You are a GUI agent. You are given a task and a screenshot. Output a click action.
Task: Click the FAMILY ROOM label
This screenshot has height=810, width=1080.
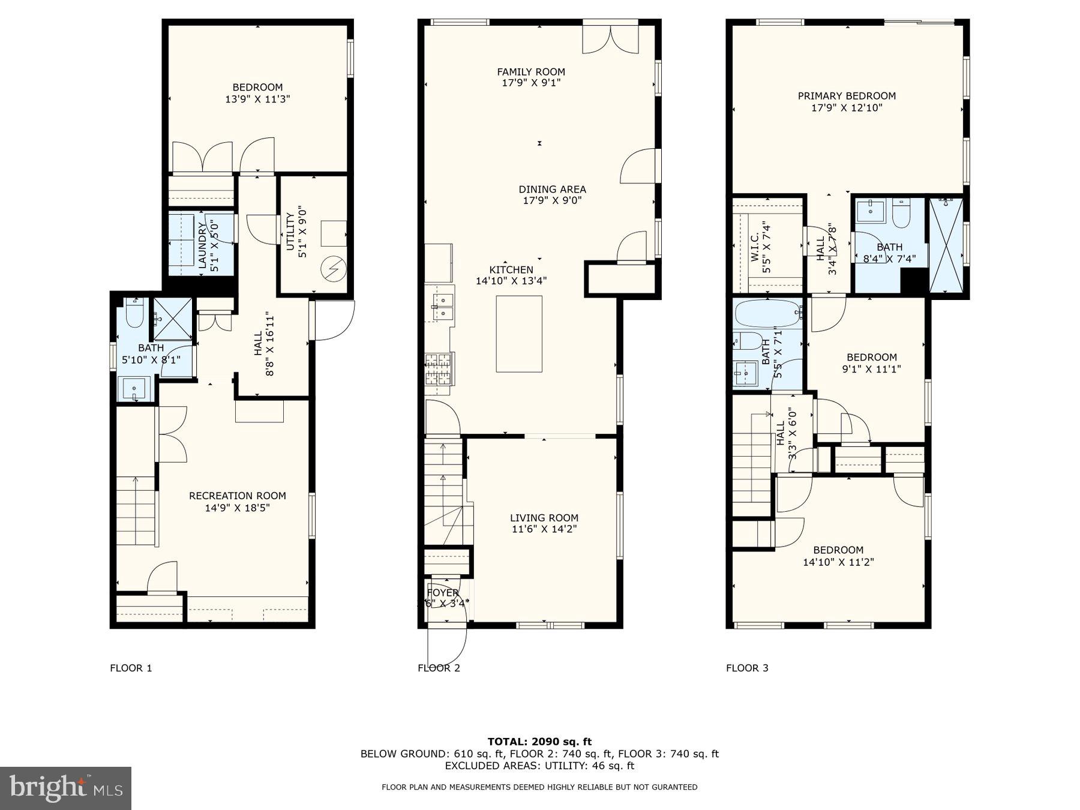[531, 72]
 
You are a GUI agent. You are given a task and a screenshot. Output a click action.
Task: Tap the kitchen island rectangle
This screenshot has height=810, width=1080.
[519, 334]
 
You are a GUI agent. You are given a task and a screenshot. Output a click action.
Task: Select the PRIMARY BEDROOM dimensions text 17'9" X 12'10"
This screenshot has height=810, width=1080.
[847, 108]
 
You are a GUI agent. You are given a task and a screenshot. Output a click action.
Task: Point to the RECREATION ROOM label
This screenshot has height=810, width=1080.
[238, 496]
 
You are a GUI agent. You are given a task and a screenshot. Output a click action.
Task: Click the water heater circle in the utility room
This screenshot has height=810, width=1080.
[332, 268]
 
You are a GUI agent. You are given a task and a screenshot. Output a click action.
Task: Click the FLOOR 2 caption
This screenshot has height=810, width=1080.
[439, 668]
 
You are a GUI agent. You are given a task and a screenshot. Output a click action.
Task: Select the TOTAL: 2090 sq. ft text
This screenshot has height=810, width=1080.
[539, 742]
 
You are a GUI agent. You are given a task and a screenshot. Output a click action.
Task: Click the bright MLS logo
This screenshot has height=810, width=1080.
[65, 788]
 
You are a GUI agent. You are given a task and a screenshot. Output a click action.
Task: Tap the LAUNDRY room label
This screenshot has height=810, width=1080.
[203, 245]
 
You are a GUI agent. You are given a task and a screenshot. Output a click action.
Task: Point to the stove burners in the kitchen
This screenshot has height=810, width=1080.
[439, 369]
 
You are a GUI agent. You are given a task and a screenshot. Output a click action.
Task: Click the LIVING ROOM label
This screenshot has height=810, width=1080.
[544, 518]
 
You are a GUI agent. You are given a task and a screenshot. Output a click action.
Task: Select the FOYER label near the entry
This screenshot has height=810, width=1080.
[443, 593]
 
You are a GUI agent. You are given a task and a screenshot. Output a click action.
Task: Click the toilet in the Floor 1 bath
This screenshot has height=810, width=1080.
[134, 314]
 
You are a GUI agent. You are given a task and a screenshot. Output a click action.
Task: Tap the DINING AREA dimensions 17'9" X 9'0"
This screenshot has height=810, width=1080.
[552, 200]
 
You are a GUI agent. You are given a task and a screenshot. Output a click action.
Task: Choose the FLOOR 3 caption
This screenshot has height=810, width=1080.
[747, 668]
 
